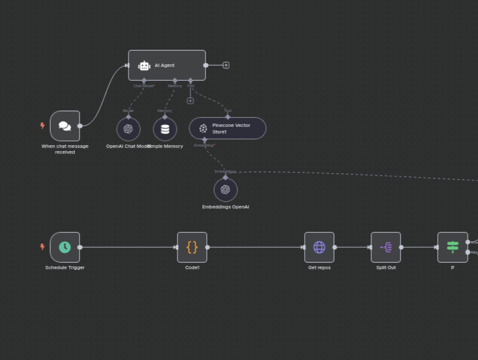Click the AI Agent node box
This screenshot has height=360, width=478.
167,65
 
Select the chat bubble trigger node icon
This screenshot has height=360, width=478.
65,126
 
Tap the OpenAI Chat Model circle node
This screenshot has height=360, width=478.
128,129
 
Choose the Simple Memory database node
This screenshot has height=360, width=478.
165,129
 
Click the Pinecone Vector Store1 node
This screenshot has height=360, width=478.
227,128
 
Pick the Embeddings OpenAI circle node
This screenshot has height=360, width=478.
225,190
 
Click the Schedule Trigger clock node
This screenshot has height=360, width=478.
65,247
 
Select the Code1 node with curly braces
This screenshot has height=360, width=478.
192,247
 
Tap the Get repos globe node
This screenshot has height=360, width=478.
319,247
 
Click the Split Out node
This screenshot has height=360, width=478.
386,247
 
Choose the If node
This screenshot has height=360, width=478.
452,247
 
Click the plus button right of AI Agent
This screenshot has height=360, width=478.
226,65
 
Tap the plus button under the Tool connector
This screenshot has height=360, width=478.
190,101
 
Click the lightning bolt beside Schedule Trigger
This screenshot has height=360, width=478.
42,247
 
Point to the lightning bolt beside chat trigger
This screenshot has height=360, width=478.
42,126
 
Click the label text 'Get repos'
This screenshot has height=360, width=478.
319,267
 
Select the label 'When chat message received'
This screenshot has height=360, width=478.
65,149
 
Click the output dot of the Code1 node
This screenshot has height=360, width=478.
208,247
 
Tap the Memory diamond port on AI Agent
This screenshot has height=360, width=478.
175,81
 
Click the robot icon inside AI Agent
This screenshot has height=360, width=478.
144,66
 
